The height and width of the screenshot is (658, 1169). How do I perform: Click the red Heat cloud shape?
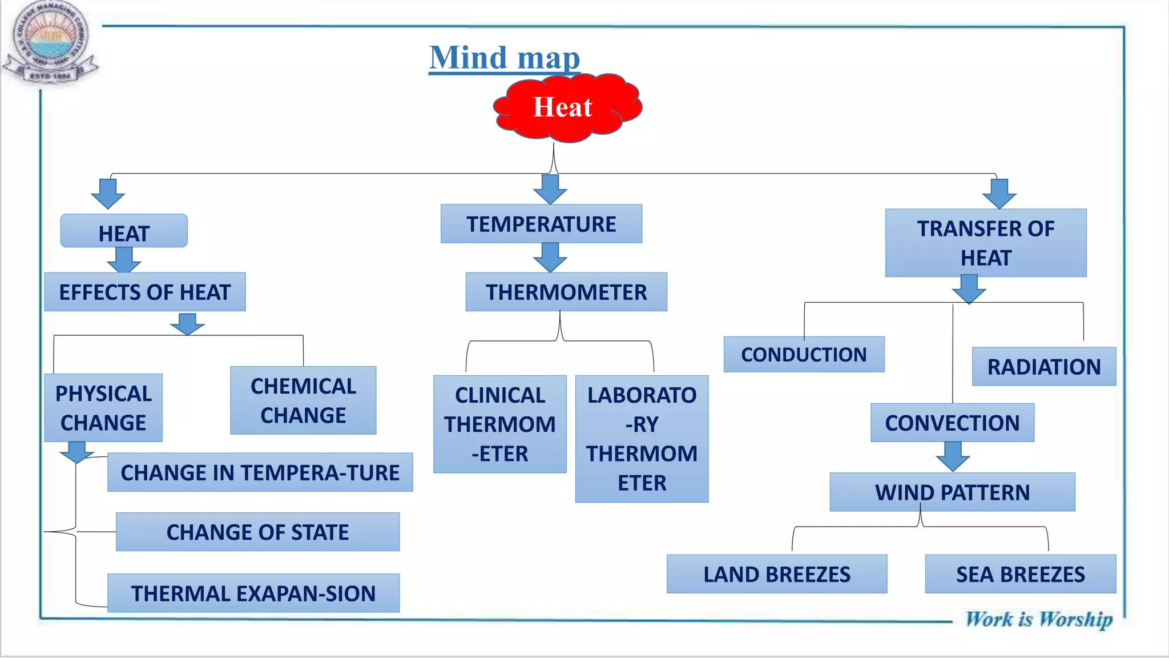[566, 107]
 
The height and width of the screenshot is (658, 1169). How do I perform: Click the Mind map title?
[505, 58]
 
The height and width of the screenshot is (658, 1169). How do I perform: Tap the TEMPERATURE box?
[541, 224]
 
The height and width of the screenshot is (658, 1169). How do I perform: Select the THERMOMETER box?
[566, 292]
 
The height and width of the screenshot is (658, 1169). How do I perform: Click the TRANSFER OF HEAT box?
[985, 243]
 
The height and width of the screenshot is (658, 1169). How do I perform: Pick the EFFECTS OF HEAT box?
[144, 292]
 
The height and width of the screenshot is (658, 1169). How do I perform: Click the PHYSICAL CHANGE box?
[103, 408]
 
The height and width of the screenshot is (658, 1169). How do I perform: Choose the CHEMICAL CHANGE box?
[303, 400]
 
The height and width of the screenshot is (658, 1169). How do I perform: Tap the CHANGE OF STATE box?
[257, 532]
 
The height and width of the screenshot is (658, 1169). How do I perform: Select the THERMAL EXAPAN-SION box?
[253, 593]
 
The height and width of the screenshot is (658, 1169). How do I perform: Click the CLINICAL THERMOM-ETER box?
[499, 424]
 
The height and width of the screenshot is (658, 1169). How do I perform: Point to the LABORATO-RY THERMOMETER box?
[642, 439]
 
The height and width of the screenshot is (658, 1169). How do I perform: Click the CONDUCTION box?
[804, 354]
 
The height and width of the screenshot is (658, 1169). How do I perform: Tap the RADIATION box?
[1043, 366]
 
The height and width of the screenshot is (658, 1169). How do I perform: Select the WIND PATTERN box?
[952, 492]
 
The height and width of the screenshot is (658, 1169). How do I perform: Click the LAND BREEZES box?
[776, 573]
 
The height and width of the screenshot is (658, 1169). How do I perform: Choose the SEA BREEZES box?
[1020, 573]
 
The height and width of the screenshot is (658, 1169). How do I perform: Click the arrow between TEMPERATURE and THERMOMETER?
[550, 257]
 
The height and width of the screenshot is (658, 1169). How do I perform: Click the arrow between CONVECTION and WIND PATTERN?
[953, 456]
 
